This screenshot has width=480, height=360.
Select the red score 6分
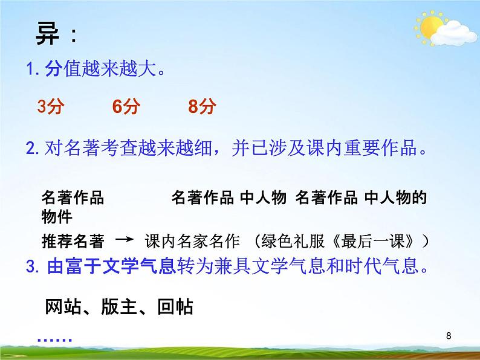click(x=126, y=108)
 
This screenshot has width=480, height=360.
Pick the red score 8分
click(x=202, y=108)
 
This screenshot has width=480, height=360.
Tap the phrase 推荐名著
click(x=73, y=241)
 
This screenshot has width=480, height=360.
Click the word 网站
click(x=61, y=307)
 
